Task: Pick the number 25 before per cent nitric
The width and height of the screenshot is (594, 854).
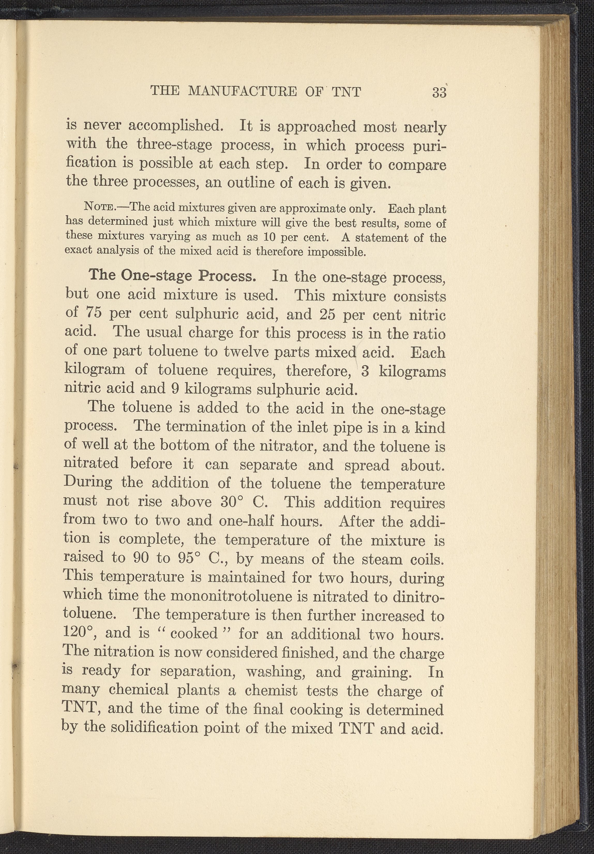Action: [x=328, y=315]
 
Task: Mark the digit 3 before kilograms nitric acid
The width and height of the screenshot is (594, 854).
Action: [x=365, y=371]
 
